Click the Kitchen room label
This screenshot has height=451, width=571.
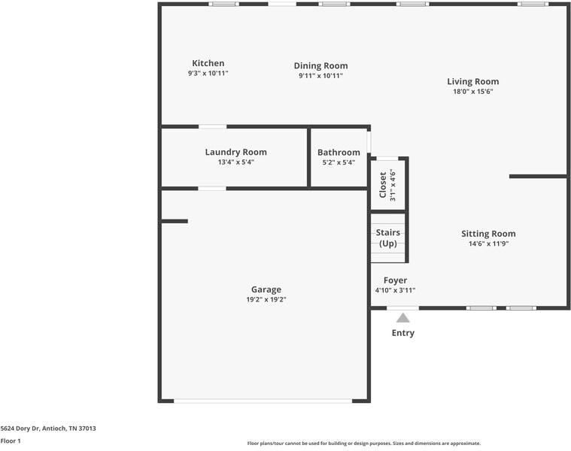pos(208,63)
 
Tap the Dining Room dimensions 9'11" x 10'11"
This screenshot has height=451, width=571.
pos(320,76)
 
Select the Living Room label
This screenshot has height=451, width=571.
pos(472,81)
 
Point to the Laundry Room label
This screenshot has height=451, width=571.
pos(235,152)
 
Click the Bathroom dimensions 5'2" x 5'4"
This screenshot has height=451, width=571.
pos(339,162)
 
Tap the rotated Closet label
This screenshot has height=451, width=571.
pos(382,185)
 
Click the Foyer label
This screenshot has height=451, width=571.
pos(395,280)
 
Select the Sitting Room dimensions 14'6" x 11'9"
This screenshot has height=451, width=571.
pos(488,244)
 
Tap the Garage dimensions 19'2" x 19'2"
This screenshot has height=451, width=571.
pos(266,299)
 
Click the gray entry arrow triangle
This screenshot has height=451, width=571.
pos(403,318)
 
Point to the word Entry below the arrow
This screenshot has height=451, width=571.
pos(402,333)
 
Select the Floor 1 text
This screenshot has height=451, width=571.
pos(11,441)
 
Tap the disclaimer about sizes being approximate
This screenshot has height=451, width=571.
pos(363,443)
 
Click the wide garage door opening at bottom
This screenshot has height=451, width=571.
pos(263,401)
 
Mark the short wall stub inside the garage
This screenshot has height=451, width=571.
pos(175,221)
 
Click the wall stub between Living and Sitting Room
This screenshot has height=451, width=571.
pos(537,177)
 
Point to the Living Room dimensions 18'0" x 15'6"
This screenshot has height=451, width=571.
pos(472,92)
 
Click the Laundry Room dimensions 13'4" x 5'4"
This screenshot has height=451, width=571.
pos(235,162)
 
